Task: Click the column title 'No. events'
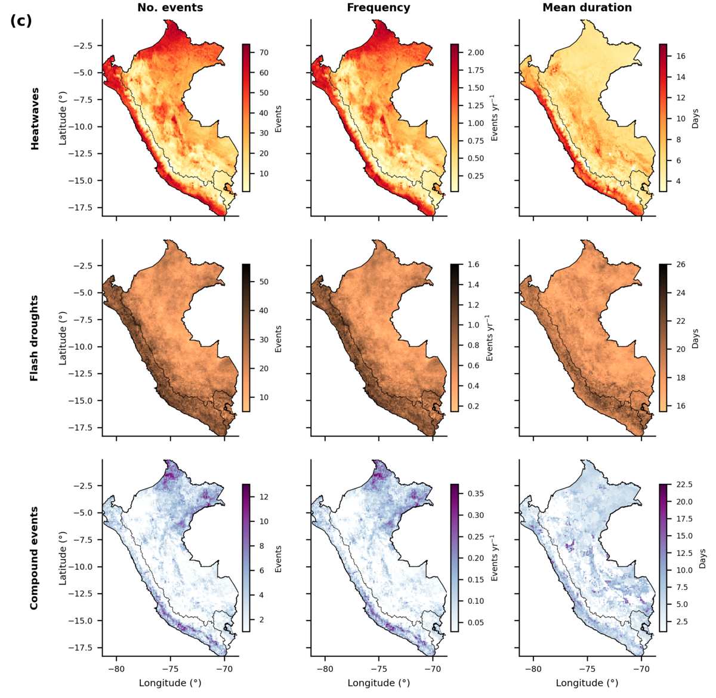[x=170, y=7]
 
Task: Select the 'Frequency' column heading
[x=378, y=8]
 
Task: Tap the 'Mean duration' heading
[x=587, y=7]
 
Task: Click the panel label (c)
[x=21, y=21]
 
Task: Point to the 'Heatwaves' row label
[x=35, y=119]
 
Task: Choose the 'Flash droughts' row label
[x=34, y=338]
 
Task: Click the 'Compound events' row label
[x=34, y=558]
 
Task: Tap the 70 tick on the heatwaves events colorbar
[x=264, y=52]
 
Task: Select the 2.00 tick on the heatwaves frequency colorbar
[x=476, y=52]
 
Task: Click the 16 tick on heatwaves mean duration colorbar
[x=681, y=56]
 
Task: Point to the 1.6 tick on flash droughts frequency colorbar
[x=473, y=264]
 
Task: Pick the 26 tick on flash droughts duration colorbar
[x=681, y=264]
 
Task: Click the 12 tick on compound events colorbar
[x=264, y=497]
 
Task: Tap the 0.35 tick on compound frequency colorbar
[x=476, y=493]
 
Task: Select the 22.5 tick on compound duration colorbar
[x=684, y=484]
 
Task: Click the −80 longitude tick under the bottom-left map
[x=116, y=669]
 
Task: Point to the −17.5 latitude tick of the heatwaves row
[x=80, y=208]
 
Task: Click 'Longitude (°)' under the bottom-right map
[x=587, y=683]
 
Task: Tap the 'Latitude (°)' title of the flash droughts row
[x=63, y=338]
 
